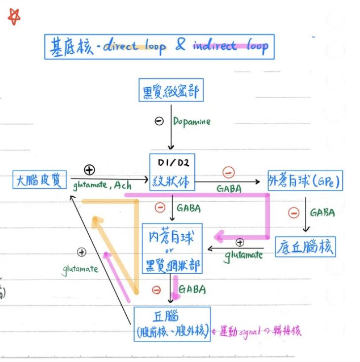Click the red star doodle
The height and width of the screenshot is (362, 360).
click(14, 16)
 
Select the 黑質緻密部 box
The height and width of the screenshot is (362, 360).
click(171, 92)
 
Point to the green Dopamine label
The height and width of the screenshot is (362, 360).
click(191, 121)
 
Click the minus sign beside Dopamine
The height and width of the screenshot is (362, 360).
click(159, 121)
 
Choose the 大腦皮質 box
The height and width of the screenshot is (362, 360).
click(39, 180)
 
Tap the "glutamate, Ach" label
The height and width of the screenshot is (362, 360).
click(102, 185)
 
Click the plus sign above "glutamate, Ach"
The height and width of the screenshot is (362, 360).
click(89, 170)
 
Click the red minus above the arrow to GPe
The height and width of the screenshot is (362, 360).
click(228, 172)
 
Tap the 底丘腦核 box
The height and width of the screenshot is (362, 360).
click(305, 246)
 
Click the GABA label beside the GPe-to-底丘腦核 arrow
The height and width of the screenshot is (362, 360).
click(322, 213)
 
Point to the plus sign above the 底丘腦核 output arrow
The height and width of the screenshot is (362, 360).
click(240, 242)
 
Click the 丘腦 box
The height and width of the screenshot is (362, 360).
click(172, 324)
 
